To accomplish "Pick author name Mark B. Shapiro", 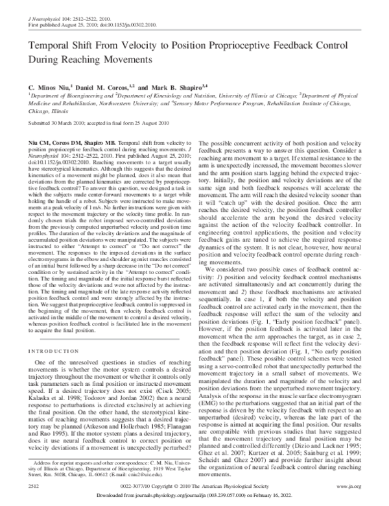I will pos(183,86).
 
